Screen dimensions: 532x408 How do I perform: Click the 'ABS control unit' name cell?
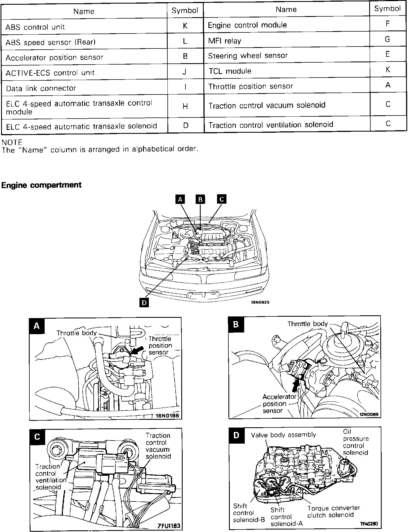click(x=35, y=27)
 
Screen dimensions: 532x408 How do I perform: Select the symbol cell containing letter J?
click(x=185, y=72)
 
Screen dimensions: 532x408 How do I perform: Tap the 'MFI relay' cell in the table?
click(x=225, y=41)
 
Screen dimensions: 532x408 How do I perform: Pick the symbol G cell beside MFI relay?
click(x=387, y=39)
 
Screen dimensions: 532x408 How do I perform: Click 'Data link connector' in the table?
click(x=41, y=88)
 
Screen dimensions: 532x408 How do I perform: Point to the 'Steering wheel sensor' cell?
click(x=248, y=56)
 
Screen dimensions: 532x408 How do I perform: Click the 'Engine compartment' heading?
click(x=42, y=185)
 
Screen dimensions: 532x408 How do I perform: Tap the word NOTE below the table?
click(x=12, y=142)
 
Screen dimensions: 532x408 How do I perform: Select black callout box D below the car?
click(x=144, y=303)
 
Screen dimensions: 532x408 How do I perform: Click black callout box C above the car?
click(x=221, y=199)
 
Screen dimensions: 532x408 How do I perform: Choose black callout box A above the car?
click(x=180, y=199)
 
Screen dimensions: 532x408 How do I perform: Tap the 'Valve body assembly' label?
click(x=283, y=435)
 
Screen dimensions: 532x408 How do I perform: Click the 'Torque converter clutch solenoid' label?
click(x=333, y=511)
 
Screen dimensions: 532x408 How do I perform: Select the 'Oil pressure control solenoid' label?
click(x=356, y=442)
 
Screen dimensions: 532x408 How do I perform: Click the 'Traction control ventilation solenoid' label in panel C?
click(x=51, y=477)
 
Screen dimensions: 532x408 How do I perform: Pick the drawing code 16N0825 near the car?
click(x=260, y=302)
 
